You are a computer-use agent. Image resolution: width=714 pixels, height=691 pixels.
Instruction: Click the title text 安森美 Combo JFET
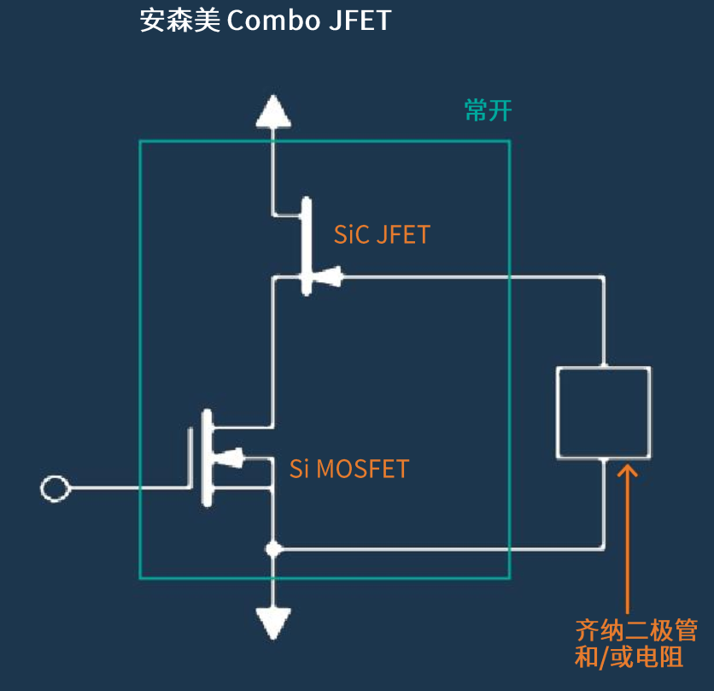point(265,20)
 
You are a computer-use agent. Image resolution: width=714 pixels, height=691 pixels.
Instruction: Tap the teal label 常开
point(489,110)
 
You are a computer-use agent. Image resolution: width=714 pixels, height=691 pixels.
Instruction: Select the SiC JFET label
point(382,234)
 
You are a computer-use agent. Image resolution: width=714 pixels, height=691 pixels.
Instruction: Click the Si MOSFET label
point(349,469)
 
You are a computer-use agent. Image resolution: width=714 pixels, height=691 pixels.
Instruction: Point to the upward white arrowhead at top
point(273,112)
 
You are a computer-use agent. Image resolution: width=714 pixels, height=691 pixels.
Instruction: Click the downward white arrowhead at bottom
point(273,622)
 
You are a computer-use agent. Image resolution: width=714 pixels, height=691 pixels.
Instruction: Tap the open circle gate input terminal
point(56,488)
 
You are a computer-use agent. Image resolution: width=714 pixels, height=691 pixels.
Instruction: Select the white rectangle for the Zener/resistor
point(603,412)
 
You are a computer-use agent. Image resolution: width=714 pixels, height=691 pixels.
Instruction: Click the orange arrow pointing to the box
point(628,530)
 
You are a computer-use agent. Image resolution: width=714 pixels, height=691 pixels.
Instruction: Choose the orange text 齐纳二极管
point(636,632)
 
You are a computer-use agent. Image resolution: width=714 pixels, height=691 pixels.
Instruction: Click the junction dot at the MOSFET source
point(273,548)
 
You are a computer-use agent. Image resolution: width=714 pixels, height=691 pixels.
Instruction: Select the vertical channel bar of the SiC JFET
point(307,245)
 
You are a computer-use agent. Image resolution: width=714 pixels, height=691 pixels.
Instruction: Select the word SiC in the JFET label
point(351,234)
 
